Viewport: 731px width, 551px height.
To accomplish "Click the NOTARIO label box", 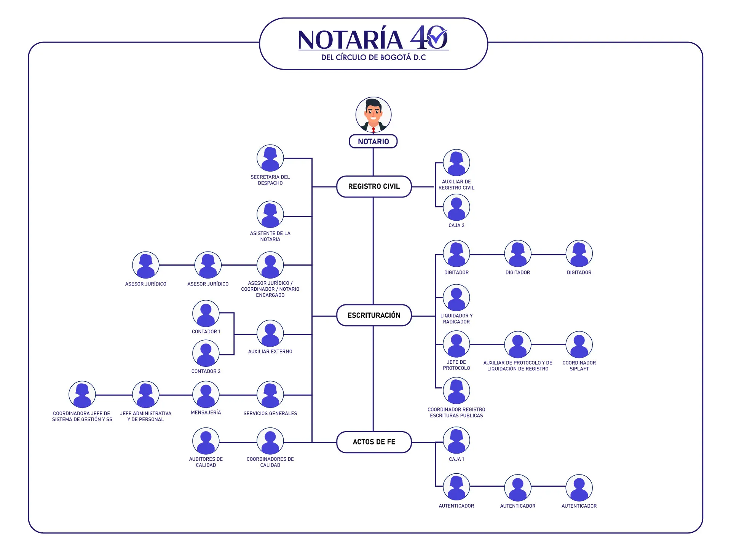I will pos(373,142).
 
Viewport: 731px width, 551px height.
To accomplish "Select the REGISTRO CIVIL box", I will pos(374,186).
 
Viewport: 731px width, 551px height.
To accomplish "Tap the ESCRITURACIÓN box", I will pos(374,315).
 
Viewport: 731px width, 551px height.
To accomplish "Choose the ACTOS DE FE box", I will pos(374,442).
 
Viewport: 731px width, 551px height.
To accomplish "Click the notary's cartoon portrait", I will pos(373,115).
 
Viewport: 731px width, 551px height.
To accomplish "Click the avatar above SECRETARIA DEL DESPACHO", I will pos(270,158).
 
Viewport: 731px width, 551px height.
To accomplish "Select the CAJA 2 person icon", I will pos(456,208).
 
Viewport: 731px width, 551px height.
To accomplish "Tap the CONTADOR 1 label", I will pos(206,332).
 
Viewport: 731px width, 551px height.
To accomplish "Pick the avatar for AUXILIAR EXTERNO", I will pos(270,334).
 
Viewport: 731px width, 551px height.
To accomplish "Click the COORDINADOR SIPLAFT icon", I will pos(579,345).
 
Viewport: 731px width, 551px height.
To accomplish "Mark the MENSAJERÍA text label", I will pos(206,412).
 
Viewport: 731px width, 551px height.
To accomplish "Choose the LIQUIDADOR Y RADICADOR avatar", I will pos(456,298).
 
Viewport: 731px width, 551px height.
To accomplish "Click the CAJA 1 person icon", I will pos(456,441).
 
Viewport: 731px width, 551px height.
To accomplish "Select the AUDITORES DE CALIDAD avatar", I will pos(206,441).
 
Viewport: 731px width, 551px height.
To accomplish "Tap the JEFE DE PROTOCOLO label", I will pos(456,365).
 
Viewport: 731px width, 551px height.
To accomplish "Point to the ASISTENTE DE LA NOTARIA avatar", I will pos(270,215).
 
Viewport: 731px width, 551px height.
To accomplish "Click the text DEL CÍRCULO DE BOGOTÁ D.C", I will pos(373,57).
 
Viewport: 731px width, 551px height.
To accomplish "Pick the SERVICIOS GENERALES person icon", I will pos(270,395).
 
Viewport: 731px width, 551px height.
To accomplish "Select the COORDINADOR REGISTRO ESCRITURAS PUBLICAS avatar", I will pos(456,391).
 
